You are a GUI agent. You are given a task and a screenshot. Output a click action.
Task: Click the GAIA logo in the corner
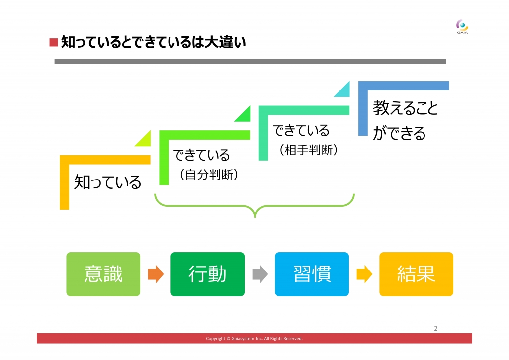click(x=462, y=27)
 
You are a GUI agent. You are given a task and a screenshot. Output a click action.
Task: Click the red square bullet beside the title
click(x=54, y=43)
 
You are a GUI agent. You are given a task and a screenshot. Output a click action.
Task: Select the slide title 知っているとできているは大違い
click(x=153, y=42)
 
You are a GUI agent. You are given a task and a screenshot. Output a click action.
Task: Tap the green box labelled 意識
click(x=103, y=274)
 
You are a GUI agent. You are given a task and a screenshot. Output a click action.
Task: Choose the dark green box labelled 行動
click(x=207, y=274)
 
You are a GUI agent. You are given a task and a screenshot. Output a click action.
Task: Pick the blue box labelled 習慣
click(x=312, y=274)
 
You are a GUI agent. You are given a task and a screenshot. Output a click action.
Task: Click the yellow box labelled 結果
click(x=416, y=274)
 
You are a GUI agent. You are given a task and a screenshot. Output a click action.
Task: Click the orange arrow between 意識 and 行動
click(x=156, y=274)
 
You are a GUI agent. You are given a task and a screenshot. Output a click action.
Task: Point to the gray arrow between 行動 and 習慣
click(x=260, y=274)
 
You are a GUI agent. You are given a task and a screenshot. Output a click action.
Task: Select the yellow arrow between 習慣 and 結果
click(x=364, y=274)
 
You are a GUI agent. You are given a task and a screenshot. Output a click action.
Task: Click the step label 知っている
click(x=107, y=182)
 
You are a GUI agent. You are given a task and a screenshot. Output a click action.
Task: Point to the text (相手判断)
click(x=309, y=150)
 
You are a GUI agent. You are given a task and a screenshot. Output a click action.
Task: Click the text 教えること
click(x=406, y=108)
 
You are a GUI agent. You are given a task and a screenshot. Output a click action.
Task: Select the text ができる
click(x=399, y=133)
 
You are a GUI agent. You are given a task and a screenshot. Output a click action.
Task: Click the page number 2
click(x=435, y=329)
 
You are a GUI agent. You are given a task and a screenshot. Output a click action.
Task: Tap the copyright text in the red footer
click(x=254, y=338)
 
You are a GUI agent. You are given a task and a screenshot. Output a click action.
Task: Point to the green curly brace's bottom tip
click(x=255, y=217)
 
